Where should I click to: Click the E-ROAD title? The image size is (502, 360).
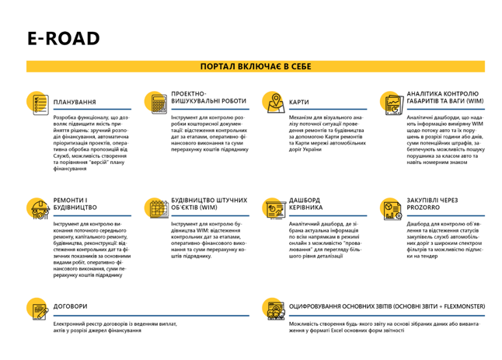coord(63,38)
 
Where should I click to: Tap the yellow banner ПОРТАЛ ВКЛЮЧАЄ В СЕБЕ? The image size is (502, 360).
coord(256,67)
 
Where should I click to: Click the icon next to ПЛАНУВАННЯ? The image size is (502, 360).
coord(37,102)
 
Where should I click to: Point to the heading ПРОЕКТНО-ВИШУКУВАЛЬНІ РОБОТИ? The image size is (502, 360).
coord(198,96)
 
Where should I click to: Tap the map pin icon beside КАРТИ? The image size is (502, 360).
coord(274,102)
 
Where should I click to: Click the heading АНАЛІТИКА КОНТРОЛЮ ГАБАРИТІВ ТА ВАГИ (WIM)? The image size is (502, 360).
coord(443,96)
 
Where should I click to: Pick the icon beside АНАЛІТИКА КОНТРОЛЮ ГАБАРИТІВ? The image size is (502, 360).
coord(392,102)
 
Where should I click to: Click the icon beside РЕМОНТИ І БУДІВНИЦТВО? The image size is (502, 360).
coord(37,208)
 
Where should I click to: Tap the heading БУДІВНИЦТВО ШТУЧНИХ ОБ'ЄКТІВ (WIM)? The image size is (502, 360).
coord(204,204)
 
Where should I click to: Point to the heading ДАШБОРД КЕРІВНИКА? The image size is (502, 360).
coord(305,204)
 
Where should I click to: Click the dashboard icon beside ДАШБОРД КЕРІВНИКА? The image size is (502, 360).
coord(274,208)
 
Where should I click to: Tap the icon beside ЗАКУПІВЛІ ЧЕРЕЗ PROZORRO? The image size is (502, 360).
coord(392,208)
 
